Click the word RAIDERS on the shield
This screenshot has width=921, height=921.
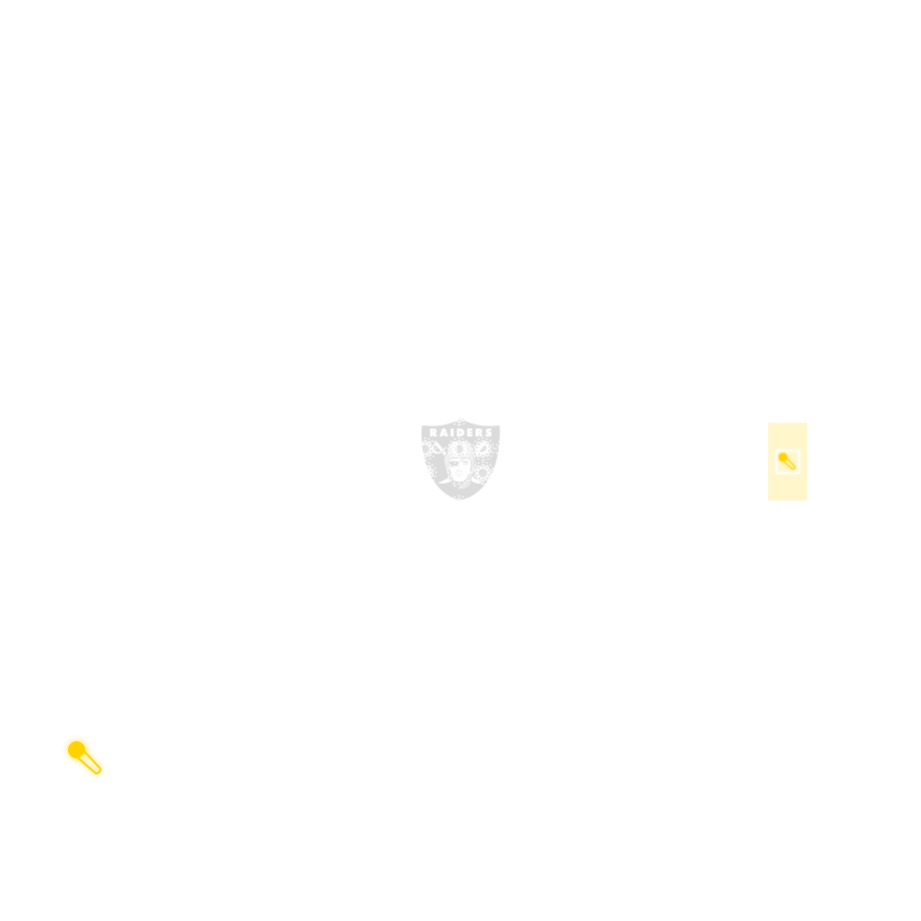[x=460, y=433]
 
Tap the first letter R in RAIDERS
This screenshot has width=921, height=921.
[x=434, y=433]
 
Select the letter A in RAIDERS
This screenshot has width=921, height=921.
[x=444, y=433]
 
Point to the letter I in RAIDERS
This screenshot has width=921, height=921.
[x=452, y=433]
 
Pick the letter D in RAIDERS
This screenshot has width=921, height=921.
[x=460, y=433]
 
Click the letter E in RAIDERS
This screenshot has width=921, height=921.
[x=469, y=433]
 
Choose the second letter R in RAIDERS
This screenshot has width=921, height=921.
[x=478, y=433]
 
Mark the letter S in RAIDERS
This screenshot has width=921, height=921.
[x=488, y=433]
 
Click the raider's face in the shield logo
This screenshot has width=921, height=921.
[x=459, y=468]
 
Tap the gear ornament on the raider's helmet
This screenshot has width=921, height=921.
[x=460, y=450]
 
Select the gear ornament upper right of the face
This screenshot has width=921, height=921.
[x=482, y=449]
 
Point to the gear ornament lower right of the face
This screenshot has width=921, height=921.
[x=482, y=472]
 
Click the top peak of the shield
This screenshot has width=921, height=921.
[x=460, y=419]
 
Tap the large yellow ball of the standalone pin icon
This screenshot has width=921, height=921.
[x=76, y=750]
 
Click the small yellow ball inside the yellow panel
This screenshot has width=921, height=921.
[x=783, y=457]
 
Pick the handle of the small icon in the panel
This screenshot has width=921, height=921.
[x=790, y=464]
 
